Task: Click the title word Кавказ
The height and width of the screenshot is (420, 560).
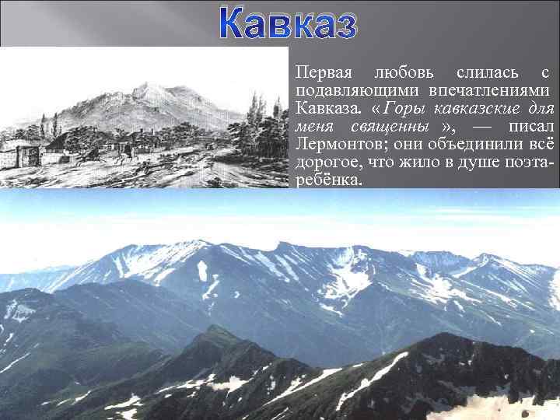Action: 288,23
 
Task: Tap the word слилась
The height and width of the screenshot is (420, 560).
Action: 487,73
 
